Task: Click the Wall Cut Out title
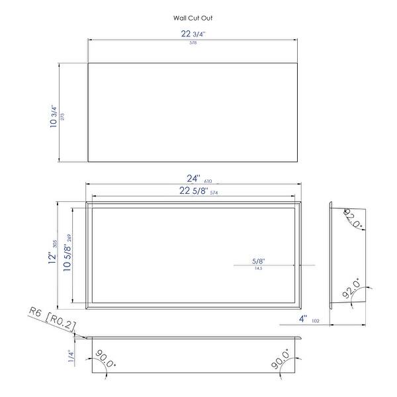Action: click(193, 19)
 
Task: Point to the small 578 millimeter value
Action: click(193, 43)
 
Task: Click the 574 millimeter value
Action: click(214, 193)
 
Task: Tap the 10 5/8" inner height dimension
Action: click(66, 255)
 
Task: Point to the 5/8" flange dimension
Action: click(259, 261)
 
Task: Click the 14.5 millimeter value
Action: click(258, 269)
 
